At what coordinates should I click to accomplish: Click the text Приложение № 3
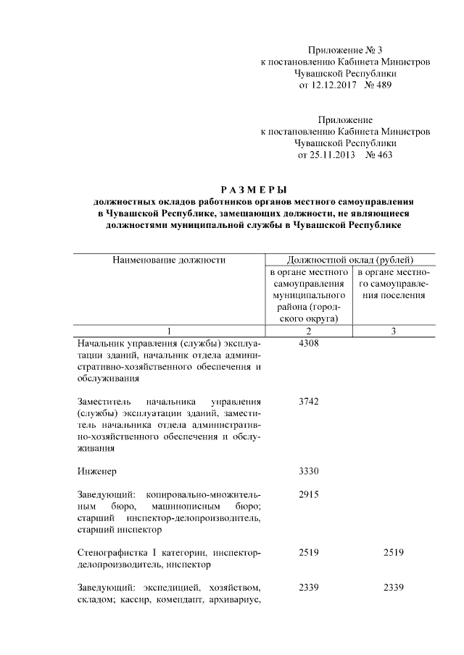pyautogui.click(x=345, y=50)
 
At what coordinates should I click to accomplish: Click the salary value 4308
pyautogui.click(x=308, y=343)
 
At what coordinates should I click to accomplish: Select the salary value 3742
pyautogui.click(x=308, y=401)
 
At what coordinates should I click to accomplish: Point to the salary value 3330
pyautogui.click(x=308, y=471)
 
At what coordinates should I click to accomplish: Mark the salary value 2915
pyautogui.click(x=308, y=494)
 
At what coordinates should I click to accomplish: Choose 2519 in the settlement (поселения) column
pyautogui.click(x=394, y=553)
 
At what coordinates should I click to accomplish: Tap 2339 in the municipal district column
pyautogui.click(x=308, y=588)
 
